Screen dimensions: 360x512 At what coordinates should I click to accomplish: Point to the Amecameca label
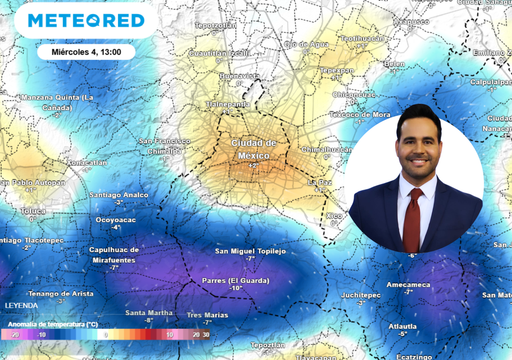click(408, 284)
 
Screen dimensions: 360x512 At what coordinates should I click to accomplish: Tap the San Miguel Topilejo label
click(251, 251)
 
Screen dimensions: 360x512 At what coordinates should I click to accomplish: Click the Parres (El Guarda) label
click(235, 281)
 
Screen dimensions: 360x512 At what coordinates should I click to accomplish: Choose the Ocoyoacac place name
click(116, 219)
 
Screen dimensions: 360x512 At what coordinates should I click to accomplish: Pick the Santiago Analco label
click(118, 194)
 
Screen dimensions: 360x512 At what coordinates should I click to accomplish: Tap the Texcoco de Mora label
click(360, 115)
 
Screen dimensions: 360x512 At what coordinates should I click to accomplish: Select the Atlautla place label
click(403, 325)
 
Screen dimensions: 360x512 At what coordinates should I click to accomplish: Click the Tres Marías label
click(208, 314)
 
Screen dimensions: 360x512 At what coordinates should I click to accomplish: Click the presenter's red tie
click(412, 220)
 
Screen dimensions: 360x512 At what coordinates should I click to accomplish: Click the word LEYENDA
click(21, 305)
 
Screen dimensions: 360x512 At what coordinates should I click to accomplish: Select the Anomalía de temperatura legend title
click(52, 324)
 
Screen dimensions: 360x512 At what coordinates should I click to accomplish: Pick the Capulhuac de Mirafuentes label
click(114, 254)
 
